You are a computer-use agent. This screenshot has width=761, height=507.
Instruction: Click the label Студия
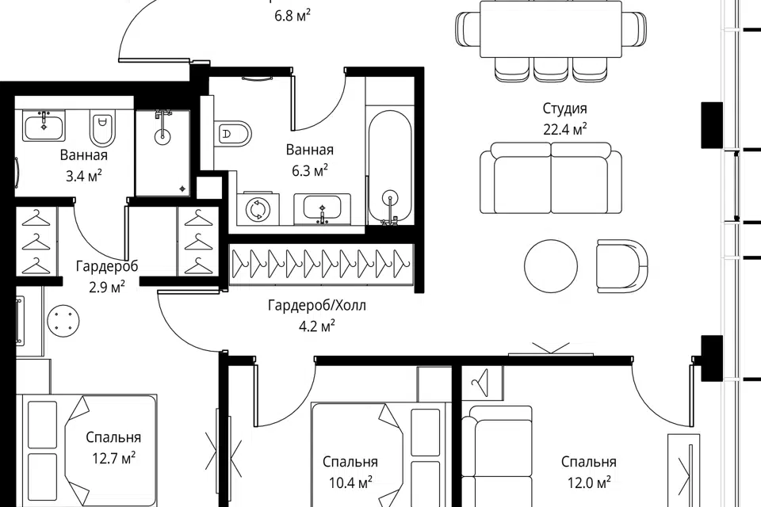(564, 109)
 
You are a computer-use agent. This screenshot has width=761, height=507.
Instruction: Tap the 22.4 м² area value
(565, 130)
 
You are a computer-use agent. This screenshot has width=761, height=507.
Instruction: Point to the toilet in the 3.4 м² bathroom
(102, 127)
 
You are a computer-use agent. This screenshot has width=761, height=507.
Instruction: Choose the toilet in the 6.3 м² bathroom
(233, 133)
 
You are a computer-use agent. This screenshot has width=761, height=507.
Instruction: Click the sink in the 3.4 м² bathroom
(44, 126)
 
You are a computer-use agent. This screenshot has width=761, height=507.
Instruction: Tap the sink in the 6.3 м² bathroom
(322, 209)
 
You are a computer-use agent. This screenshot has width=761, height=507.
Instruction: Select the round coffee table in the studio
(551, 266)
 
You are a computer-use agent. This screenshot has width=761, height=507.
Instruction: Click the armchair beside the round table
(622, 266)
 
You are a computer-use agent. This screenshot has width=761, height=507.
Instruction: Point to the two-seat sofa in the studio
(551, 178)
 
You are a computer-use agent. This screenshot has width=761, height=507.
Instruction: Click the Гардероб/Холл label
(317, 306)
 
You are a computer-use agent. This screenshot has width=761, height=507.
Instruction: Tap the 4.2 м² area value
(317, 326)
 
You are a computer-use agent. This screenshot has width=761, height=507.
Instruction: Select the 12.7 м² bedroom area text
(113, 458)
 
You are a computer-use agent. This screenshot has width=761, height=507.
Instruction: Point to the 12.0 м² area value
(589, 482)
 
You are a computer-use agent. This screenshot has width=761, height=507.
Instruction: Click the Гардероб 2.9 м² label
(107, 276)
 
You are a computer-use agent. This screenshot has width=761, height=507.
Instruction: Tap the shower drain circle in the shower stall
(163, 137)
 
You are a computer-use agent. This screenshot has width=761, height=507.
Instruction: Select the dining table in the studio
(551, 29)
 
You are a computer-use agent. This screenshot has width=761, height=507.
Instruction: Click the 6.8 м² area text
(293, 16)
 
